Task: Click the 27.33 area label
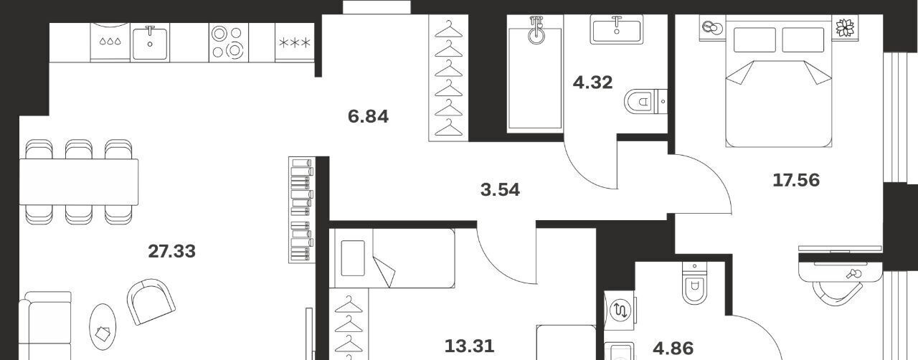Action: (171, 251)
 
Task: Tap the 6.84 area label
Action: (368, 116)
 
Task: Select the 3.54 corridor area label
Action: (500, 190)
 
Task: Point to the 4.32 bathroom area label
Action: (592, 82)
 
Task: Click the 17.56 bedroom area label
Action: (796, 181)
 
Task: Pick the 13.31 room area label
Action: (469, 346)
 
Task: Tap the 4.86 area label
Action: (673, 349)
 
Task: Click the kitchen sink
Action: (150, 42)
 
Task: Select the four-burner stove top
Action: (229, 42)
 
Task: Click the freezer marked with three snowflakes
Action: (295, 42)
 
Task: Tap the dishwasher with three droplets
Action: (110, 42)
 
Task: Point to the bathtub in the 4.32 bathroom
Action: (535, 74)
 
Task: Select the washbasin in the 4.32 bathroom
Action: (617, 29)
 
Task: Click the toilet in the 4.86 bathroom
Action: (695, 283)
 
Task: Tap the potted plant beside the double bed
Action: (845, 27)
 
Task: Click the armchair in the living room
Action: (151, 301)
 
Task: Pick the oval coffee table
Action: (103, 327)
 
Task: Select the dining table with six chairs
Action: (79, 182)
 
